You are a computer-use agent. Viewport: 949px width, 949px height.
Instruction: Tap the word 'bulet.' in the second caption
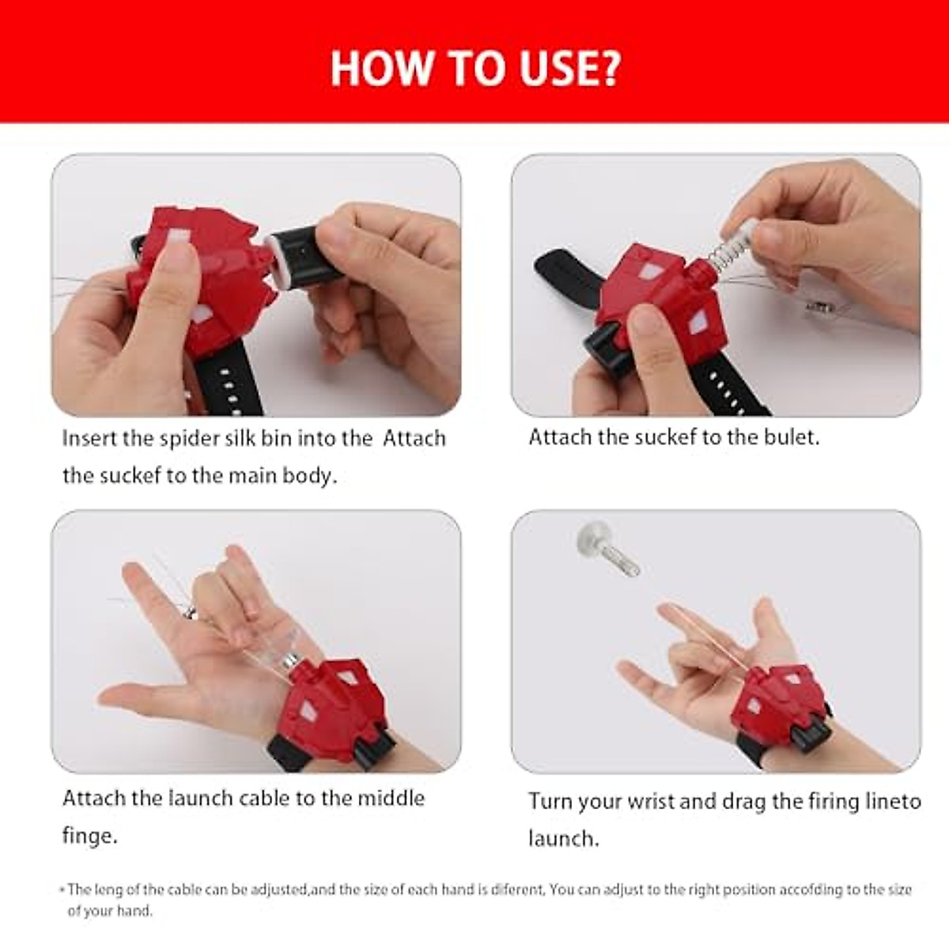point(791,437)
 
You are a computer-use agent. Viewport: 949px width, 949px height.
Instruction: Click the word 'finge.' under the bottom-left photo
point(89,836)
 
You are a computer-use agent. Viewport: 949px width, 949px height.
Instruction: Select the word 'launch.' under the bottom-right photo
point(564,838)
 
